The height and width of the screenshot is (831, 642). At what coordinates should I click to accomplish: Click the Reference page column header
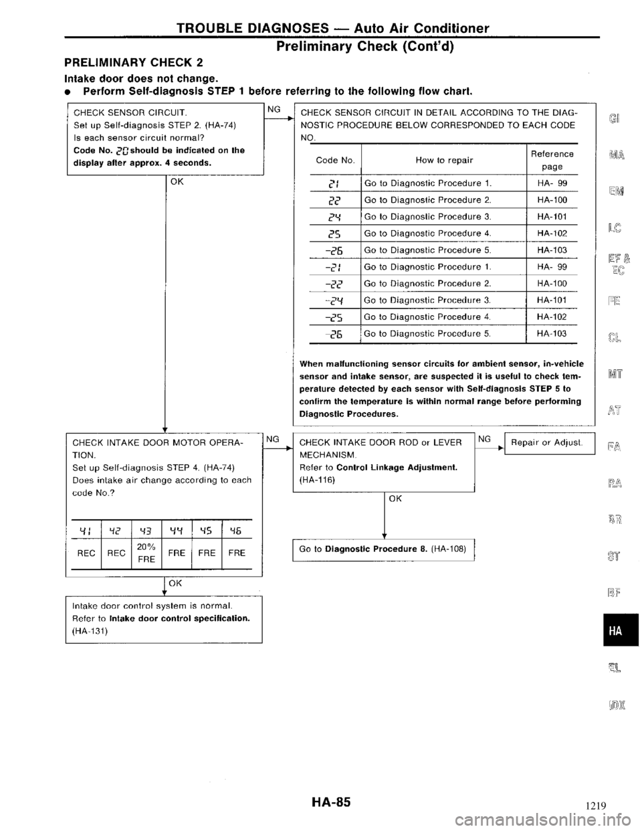click(x=552, y=159)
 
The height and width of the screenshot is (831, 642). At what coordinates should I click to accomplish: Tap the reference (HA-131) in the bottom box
click(x=93, y=630)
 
